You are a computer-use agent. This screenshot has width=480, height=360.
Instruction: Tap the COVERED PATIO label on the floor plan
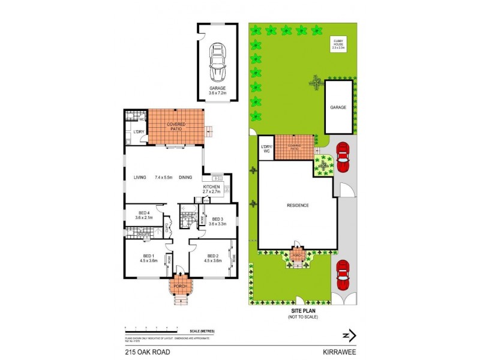click(x=176, y=127)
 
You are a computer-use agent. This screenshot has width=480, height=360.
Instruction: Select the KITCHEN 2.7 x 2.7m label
click(x=212, y=190)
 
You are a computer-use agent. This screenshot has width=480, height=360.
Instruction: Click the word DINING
click(x=185, y=177)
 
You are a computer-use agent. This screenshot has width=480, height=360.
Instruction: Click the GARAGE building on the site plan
click(x=338, y=107)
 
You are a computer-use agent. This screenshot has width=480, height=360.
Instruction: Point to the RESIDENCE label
click(x=298, y=205)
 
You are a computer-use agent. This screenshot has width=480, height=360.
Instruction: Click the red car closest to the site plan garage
click(x=343, y=157)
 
